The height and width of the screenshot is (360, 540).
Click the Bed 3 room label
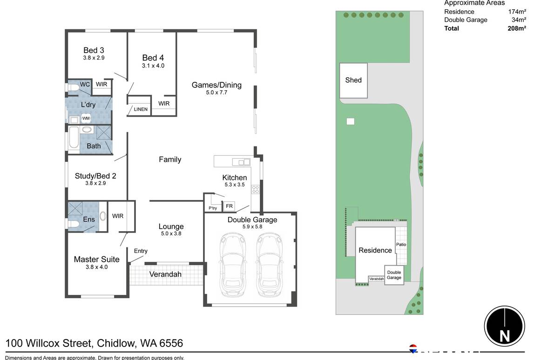[94, 50]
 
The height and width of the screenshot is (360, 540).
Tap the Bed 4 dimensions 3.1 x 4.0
[153, 66]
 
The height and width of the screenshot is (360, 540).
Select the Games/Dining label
[216, 85]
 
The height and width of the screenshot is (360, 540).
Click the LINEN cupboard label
[141, 109]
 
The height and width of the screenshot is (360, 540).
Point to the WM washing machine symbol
[86, 119]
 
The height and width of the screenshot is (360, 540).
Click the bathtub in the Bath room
[74, 138]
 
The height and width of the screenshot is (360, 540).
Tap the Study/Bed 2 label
[95, 176]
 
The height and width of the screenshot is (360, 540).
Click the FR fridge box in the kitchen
[229, 206]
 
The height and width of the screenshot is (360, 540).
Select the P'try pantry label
[213, 208]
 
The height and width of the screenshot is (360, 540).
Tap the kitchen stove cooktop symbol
[255, 189]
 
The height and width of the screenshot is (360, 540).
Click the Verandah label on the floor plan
[165, 274]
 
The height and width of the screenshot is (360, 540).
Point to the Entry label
[141, 251]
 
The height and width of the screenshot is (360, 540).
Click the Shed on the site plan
[353, 80]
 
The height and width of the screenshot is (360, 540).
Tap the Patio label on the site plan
[401, 244]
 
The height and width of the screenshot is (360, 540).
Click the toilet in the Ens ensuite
[73, 224]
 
